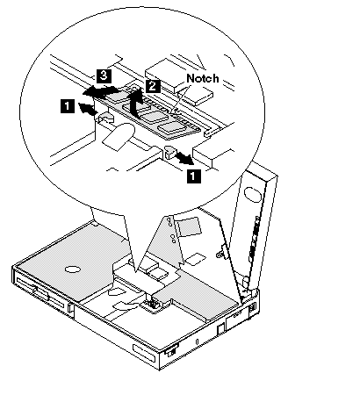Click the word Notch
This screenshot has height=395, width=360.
point(203,78)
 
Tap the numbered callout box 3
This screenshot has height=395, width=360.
point(104,76)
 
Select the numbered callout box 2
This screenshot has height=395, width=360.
point(152,86)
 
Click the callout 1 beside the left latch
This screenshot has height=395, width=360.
point(67,105)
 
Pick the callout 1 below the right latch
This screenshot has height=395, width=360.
point(194,176)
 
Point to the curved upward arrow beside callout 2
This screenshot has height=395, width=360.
point(135,103)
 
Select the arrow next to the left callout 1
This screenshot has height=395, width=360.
point(88,109)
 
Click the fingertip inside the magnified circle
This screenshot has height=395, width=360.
point(119,137)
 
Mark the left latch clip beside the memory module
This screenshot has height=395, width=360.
point(106,118)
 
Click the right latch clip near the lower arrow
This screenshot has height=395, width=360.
point(169,151)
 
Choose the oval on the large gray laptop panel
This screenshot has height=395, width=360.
point(73,269)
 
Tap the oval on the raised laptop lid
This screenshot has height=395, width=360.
point(253,195)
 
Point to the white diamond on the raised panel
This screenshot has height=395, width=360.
point(194,259)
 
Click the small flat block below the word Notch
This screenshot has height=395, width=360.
point(198,97)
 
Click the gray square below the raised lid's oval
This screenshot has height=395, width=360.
point(190,226)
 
